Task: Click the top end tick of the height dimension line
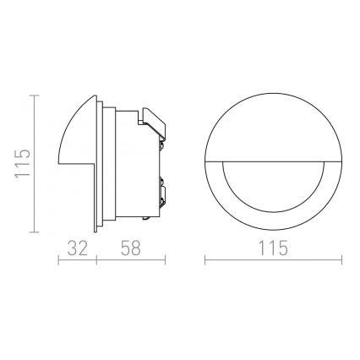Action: pos(33,97)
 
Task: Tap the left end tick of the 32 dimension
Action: pos(57,261)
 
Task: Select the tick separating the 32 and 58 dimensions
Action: pos(96,261)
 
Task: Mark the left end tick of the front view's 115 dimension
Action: pos(206,261)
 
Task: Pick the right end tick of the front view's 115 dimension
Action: pos(322,261)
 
